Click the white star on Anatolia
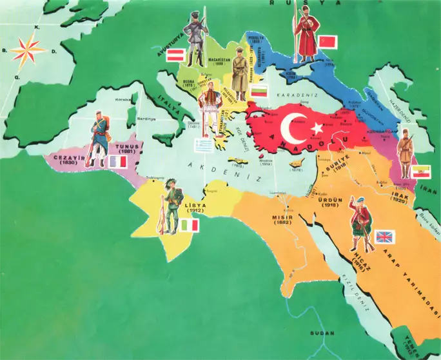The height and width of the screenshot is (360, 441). [x=317, y=128]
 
